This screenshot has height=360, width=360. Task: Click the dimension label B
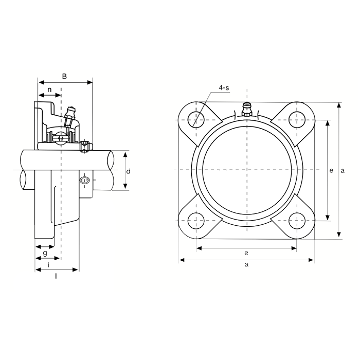(64, 76)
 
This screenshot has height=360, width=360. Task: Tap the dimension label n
(49, 89)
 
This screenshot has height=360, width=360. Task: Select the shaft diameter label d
(129, 171)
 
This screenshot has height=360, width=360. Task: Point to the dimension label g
(45, 253)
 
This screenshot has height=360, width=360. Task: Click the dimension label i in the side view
(48, 265)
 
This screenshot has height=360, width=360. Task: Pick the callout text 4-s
(224, 87)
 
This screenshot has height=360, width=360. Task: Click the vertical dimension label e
(331, 171)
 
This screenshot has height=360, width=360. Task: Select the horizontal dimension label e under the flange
(246, 253)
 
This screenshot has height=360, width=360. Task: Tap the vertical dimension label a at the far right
(343, 171)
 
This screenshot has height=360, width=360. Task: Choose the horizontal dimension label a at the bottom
(246, 265)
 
